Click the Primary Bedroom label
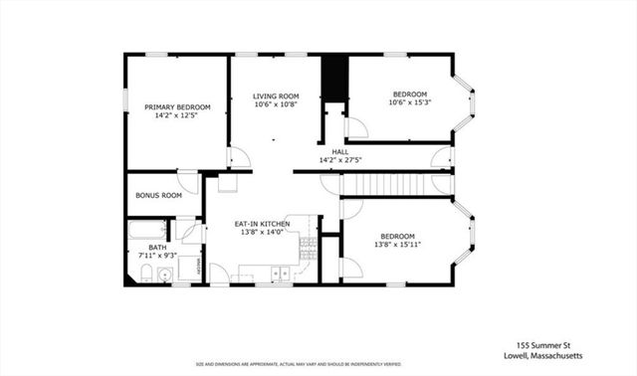coord(177,106)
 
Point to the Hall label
coord(339,151)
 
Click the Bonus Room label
coord(158,195)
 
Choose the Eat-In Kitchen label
coord(262,224)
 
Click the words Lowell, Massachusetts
coord(531,353)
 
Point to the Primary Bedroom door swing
coord(238,157)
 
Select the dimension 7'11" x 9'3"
coord(157,256)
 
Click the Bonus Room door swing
coord(188,180)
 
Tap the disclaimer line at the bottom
coord(318,365)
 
